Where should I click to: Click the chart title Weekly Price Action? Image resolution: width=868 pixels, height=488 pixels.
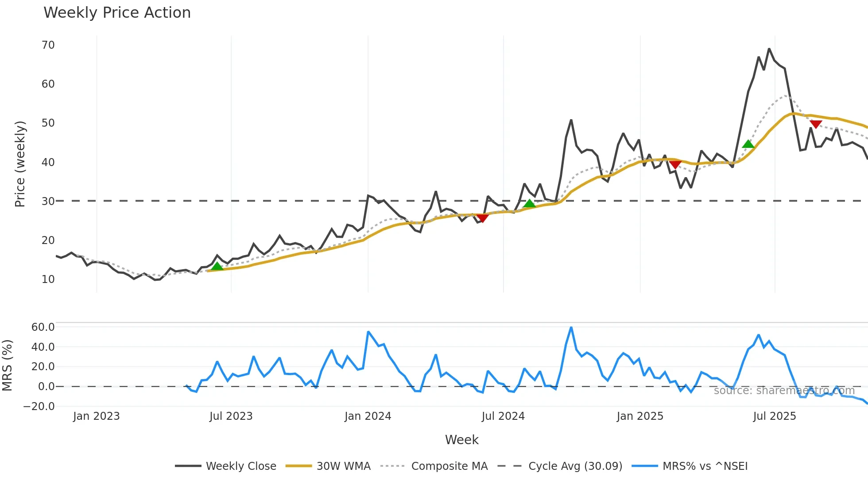click(117, 13)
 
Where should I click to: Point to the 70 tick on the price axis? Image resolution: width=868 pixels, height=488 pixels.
click(48, 45)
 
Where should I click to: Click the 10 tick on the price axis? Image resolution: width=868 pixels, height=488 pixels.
click(48, 279)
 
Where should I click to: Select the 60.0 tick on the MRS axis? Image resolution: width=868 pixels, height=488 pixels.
click(43, 327)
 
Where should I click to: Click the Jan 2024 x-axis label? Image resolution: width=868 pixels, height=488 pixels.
click(368, 416)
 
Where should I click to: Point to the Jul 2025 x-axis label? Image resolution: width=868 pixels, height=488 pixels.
click(775, 416)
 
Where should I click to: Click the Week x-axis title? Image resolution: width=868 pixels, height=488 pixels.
click(461, 440)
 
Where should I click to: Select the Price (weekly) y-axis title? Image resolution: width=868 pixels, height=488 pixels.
click(20, 164)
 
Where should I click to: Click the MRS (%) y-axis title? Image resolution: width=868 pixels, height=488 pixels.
click(8, 365)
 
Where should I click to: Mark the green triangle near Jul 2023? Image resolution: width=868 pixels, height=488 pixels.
click(217, 266)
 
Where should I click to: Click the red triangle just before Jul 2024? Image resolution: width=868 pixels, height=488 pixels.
click(482, 217)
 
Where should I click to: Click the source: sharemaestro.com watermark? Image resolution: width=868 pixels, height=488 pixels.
click(784, 391)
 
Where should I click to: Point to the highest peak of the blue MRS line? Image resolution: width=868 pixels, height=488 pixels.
click(571, 328)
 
